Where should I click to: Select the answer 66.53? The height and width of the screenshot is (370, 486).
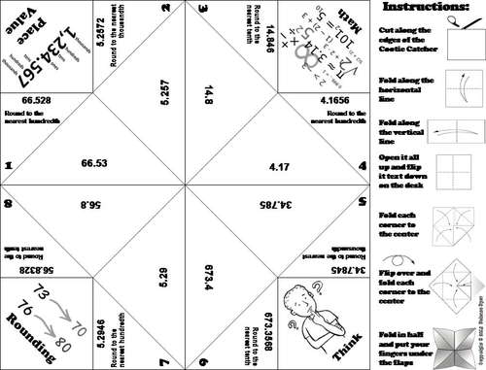94,165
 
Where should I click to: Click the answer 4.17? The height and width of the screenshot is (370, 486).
279,165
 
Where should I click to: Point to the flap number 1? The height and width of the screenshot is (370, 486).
8,165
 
